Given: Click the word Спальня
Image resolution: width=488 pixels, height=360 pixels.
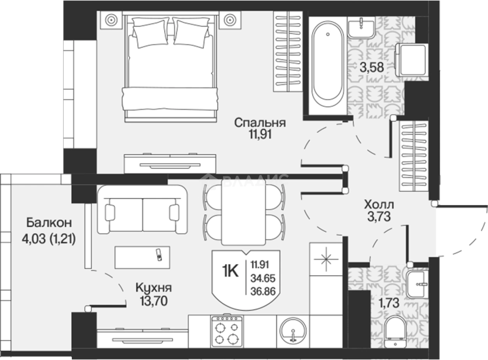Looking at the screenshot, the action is click(260, 123).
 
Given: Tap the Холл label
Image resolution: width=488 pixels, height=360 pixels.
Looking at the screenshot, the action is click(379, 205).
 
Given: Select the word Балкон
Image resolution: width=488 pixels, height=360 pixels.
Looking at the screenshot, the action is click(49, 223).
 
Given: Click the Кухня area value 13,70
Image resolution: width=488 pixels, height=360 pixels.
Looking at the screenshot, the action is click(154, 301).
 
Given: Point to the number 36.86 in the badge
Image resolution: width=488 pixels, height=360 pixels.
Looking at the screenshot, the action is click(263, 291).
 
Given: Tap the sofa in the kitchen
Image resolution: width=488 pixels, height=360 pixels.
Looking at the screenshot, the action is click(142, 210).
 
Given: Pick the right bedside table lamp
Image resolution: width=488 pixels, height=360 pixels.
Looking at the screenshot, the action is click(230, 20).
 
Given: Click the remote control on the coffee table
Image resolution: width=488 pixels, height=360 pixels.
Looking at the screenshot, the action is click(159, 255).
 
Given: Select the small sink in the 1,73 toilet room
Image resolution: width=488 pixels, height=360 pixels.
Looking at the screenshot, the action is click(418, 284).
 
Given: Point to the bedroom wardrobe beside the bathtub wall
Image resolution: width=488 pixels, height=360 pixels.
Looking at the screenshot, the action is click(288, 51).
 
